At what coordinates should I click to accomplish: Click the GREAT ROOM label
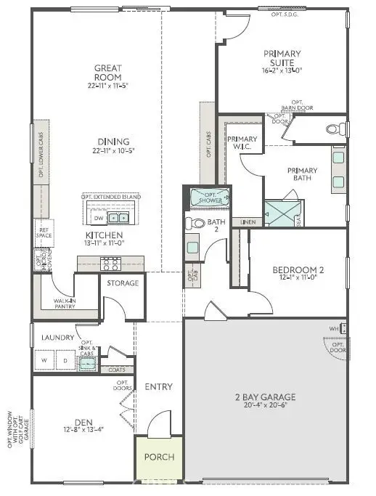(107, 73)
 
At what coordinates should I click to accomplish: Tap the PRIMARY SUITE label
(282, 58)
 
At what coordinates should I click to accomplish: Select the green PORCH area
(159, 458)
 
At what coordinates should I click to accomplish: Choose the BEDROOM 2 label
(298, 271)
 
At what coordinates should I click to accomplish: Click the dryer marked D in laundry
(65, 360)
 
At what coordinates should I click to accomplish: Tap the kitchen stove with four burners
(110, 264)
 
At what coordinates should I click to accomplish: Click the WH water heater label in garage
(333, 328)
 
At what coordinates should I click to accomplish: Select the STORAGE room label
(123, 282)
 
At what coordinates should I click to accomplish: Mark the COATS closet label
(117, 369)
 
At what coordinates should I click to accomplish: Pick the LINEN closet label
(248, 222)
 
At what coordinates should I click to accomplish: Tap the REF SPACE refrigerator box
(42, 234)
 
